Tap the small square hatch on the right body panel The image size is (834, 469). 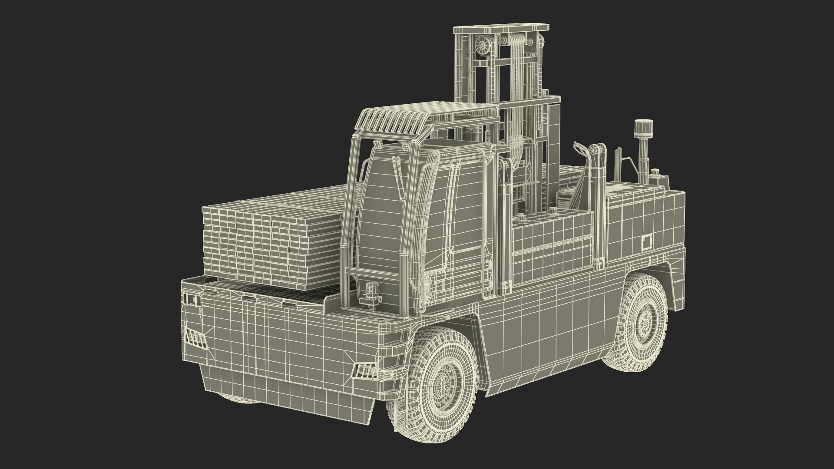[x=647, y=241]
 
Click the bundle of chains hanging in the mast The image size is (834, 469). [x=517, y=109]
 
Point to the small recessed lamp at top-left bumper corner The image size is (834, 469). [x=192, y=300]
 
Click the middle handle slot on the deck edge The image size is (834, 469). [x=248, y=298]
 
